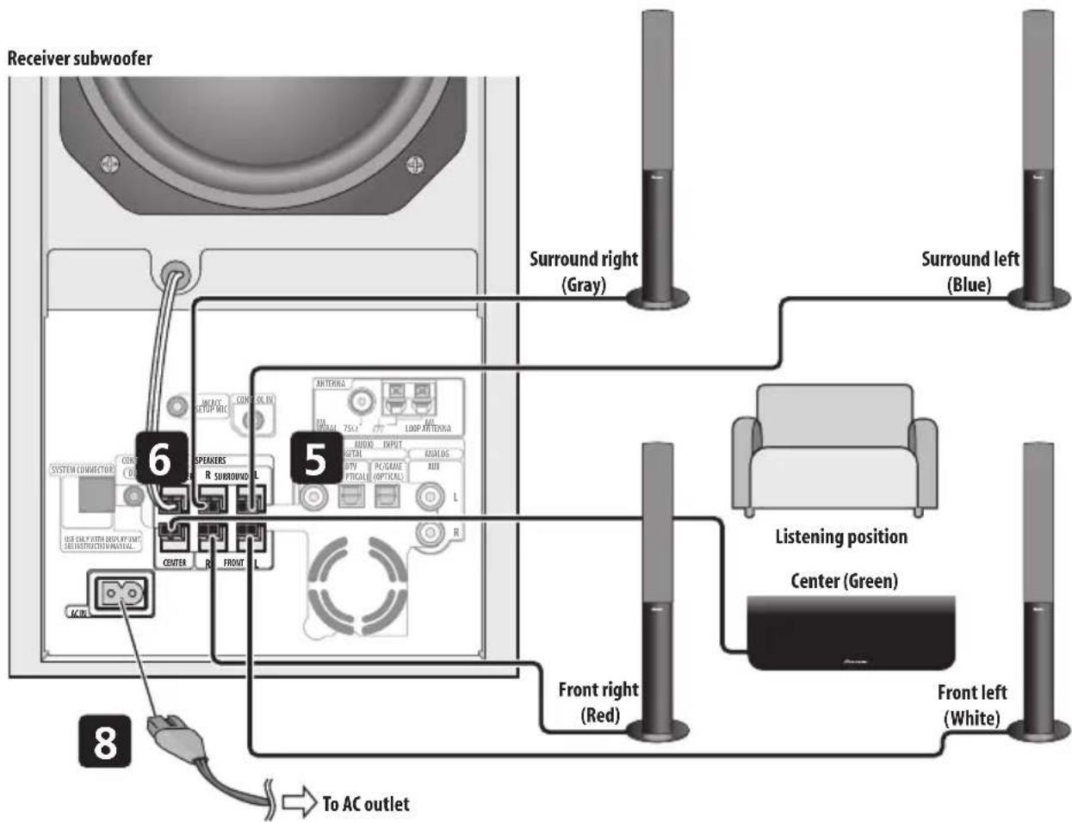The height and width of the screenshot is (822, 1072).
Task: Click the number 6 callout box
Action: [x=161, y=458]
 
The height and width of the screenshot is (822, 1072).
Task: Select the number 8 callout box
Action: [x=105, y=740]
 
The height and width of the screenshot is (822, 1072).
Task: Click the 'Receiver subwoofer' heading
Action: [x=79, y=59]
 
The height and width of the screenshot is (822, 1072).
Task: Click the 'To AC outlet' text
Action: [x=365, y=804]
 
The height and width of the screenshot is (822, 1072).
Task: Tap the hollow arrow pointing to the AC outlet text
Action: [x=299, y=803]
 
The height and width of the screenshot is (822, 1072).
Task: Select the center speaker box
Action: [x=851, y=633]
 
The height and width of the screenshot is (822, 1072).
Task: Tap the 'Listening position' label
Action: [x=841, y=537]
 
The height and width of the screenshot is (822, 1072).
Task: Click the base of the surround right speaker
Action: [x=657, y=299]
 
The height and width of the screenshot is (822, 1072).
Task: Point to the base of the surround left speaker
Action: [x=1040, y=299]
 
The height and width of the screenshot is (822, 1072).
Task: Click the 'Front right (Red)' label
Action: [x=599, y=701]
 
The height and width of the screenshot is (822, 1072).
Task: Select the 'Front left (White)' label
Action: [x=972, y=704]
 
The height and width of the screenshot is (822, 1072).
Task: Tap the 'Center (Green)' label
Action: [x=844, y=581]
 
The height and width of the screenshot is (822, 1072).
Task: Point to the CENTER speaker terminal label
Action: [x=174, y=563]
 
